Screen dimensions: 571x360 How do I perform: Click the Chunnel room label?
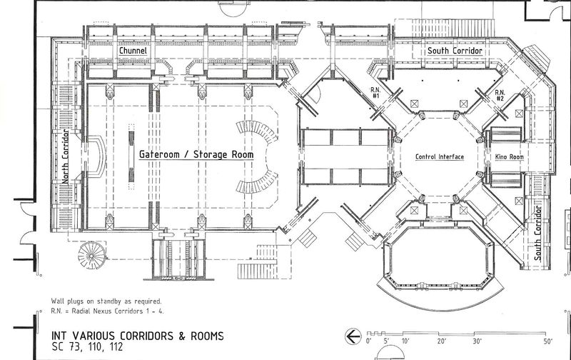tap(133, 51)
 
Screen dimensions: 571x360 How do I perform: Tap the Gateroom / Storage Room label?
tap(196, 154)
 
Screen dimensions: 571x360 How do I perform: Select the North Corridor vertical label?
tap(65, 156)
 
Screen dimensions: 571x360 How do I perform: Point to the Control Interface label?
tap(440, 156)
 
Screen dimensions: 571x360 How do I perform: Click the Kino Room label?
tap(509, 157)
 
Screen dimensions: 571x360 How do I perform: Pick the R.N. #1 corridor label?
tap(375, 93)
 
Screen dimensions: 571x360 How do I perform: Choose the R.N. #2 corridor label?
tap(500, 96)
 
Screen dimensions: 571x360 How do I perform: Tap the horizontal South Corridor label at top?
tap(455, 51)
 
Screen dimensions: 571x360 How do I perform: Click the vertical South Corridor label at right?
tap(538, 233)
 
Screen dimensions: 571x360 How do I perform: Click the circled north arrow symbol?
tap(353, 336)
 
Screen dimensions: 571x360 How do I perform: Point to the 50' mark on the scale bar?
tap(547, 341)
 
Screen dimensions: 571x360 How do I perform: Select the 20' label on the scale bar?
tap(442, 341)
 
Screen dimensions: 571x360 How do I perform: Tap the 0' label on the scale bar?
tap(368, 341)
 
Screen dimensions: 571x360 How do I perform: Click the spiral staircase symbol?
tap(92, 255)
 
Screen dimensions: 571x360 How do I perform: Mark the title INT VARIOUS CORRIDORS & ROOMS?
tap(138, 336)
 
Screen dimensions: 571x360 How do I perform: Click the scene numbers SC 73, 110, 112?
tap(87, 346)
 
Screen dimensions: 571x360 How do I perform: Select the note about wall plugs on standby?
tap(106, 301)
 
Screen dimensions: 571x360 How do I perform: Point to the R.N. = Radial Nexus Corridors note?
tap(108, 311)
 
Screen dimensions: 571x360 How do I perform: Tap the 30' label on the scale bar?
tap(477, 341)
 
